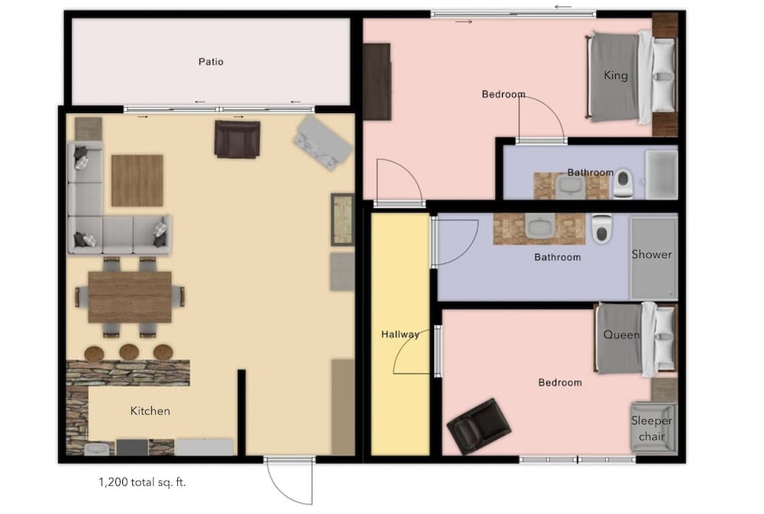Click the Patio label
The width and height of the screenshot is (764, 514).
point(211,61)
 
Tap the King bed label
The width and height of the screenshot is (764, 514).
point(615,75)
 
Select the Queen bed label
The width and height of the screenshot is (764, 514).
point(621,334)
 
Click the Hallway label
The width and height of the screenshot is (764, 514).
point(400,334)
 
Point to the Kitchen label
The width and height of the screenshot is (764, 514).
point(150,411)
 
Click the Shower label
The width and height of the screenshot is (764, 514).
point(652,254)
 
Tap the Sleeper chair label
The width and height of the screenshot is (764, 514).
point(652,428)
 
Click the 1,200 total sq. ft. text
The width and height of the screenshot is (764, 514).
point(142,483)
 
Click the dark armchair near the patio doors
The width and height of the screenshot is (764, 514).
point(237,138)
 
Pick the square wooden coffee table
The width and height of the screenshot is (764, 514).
point(137,181)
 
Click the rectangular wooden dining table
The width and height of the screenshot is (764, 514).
point(130,297)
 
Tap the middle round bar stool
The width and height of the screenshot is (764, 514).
point(128,353)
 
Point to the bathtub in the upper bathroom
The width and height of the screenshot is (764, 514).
point(661,175)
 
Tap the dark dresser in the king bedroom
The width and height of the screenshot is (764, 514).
point(377,81)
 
